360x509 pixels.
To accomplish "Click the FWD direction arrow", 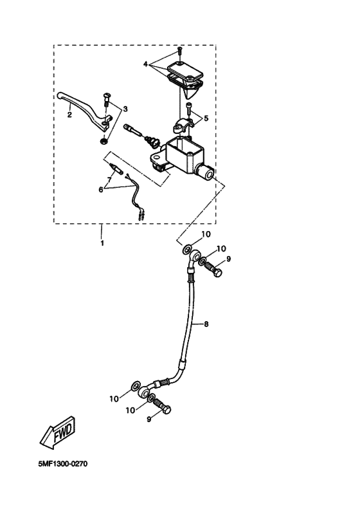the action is [x=58, y=432].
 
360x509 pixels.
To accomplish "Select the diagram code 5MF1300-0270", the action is [x=63, y=464].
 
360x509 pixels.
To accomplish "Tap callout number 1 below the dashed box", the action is [x=102, y=243].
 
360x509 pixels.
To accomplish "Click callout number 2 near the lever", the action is [x=69, y=115].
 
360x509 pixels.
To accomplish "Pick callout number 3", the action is [x=125, y=109].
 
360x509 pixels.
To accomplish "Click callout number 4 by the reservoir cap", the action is [x=146, y=64].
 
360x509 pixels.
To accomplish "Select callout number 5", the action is [x=206, y=118].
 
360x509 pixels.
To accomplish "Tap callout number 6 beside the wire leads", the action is [x=101, y=189].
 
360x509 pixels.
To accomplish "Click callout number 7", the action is [x=109, y=179].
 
